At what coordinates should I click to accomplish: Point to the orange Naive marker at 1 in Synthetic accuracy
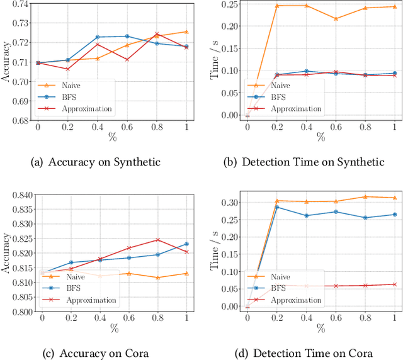[x=186, y=31]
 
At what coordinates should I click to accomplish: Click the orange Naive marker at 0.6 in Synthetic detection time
[x=353, y=19]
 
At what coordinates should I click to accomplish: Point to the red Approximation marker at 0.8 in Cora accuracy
[x=157, y=240]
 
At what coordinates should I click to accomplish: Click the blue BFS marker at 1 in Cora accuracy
[x=186, y=244]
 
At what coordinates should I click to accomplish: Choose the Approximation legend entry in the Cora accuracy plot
[x=88, y=300]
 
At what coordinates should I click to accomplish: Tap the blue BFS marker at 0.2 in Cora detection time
[x=276, y=206]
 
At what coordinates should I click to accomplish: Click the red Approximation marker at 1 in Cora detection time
[x=395, y=284]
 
